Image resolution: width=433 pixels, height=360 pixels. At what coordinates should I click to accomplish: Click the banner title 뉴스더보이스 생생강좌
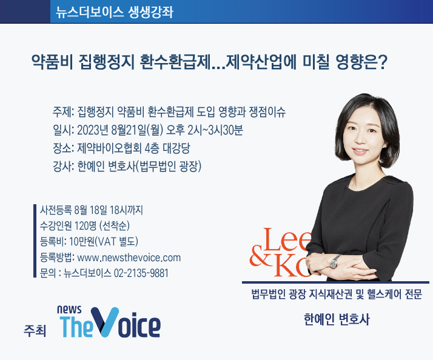tap(115, 12)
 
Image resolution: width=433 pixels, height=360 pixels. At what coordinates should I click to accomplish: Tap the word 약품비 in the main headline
tap(52, 62)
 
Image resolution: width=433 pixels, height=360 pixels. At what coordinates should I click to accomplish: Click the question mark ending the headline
tap(383, 62)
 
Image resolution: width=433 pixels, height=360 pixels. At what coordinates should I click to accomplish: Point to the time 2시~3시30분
tap(215, 130)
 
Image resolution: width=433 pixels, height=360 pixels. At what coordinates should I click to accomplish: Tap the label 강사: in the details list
tap(64, 166)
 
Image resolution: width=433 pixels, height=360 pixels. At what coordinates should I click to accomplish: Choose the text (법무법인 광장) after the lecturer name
tap(169, 166)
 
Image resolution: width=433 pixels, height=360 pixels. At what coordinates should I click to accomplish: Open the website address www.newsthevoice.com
tap(129, 258)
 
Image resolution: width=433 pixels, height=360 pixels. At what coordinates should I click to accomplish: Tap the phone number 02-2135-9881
tap(141, 273)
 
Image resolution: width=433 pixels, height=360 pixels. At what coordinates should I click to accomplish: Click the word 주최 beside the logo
tap(35, 330)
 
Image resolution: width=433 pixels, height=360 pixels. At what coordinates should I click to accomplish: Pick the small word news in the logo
tap(69, 310)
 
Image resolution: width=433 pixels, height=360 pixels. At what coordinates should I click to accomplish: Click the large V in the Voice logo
tap(105, 322)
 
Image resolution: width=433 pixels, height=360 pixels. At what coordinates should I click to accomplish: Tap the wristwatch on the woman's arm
tap(334, 261)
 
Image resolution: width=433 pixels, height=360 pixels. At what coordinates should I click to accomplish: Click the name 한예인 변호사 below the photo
tap(337, 319)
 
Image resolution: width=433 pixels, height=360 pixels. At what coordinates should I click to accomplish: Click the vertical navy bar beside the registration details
tap(35, 241)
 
